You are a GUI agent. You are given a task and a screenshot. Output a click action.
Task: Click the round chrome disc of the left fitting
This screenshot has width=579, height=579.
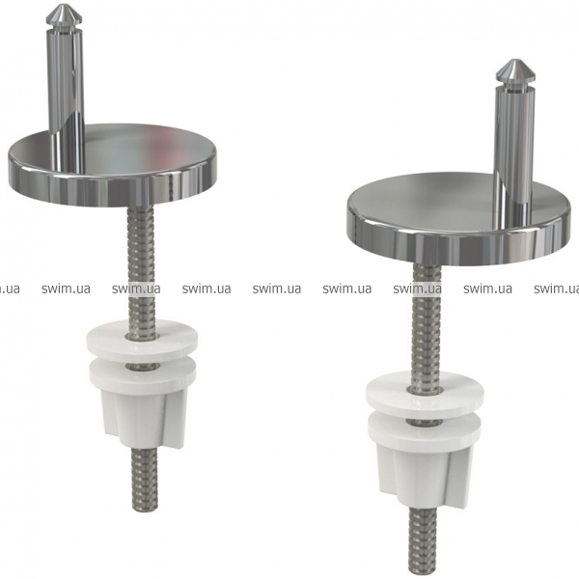click(x=113, y=166)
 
